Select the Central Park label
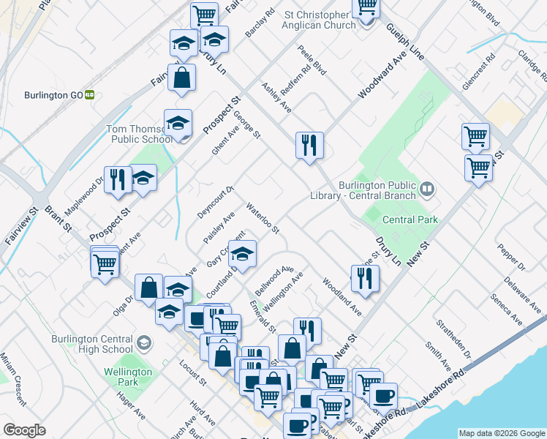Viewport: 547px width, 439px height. click(x=410, y=219)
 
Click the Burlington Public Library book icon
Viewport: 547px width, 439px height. click(x=427, y=191)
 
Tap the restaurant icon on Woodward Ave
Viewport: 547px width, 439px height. click(x=310, y=144)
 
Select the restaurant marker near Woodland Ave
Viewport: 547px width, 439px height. click(x=365, y=277)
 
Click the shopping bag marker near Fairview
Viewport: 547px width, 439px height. click(x=181, y=77)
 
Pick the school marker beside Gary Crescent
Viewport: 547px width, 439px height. click(x=243, y=252)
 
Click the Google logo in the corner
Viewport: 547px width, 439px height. click(x=24, y=430)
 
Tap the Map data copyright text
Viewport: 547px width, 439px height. click(x=500, y=433)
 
